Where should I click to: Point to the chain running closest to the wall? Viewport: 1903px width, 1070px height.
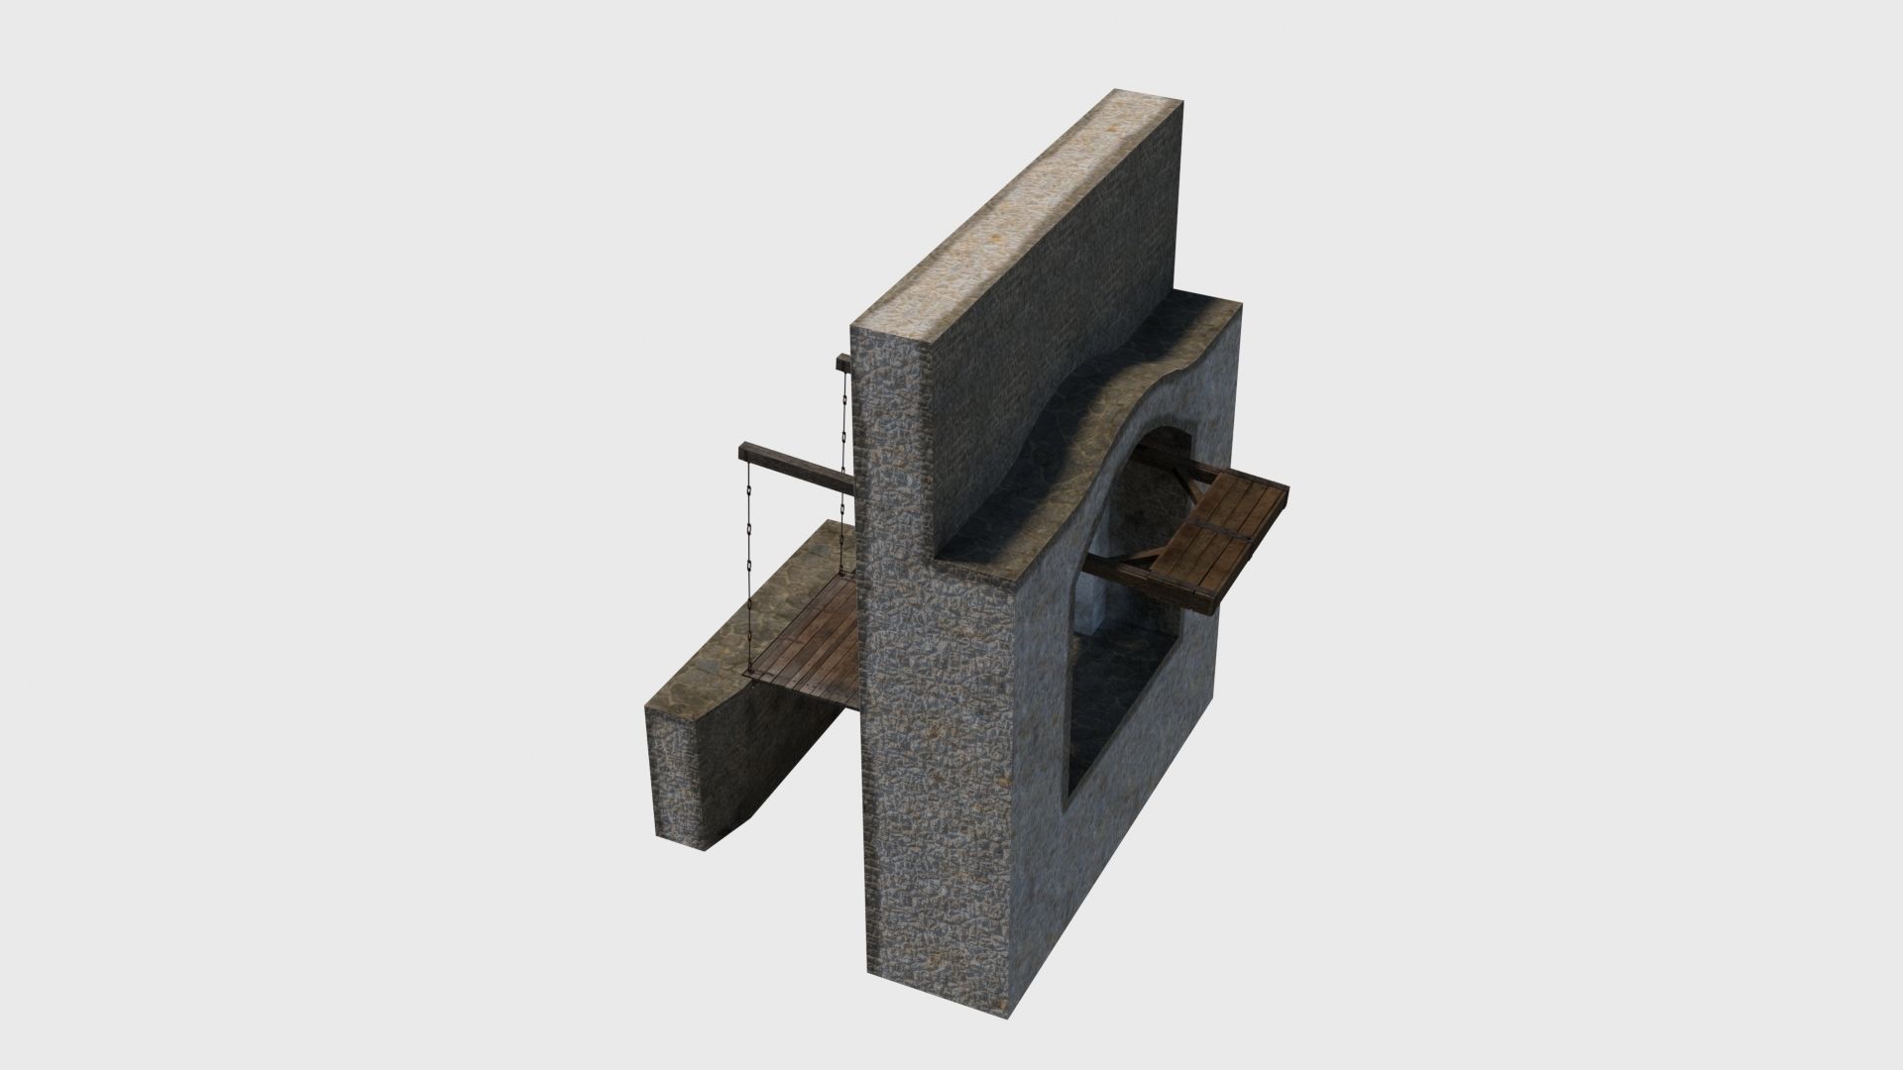843,446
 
